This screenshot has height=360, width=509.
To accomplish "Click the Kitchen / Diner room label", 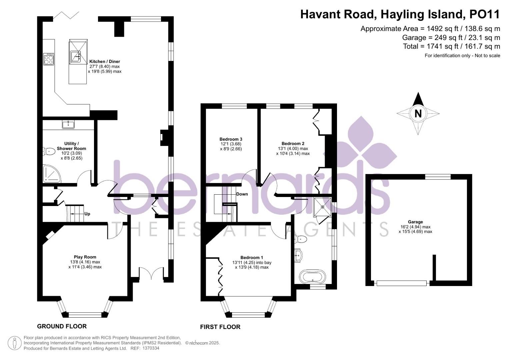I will tap(104, 62).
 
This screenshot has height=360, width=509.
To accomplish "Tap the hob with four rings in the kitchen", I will tap(49, 59).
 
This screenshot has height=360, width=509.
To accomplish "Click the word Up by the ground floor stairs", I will tap(87, 214).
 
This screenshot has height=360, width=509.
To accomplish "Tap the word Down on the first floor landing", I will tap(242, 194).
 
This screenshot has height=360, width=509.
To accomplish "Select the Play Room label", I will tap(85, 257).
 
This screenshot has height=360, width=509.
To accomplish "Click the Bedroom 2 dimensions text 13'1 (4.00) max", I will tap(293, 149).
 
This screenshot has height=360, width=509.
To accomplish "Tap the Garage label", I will tap(415, 222).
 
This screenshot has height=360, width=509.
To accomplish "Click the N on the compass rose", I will tap(418, 114).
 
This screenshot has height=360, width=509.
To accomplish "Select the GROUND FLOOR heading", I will tap(62, 326).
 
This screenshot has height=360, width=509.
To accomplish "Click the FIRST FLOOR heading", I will tap(220, 327).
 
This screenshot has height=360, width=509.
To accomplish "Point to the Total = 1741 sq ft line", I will tap(451, 46).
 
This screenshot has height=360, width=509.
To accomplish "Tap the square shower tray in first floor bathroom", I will tap(322, 207).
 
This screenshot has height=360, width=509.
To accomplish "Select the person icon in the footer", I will tap(14, 343).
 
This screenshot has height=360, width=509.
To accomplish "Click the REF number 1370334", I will tap(151, 348).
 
